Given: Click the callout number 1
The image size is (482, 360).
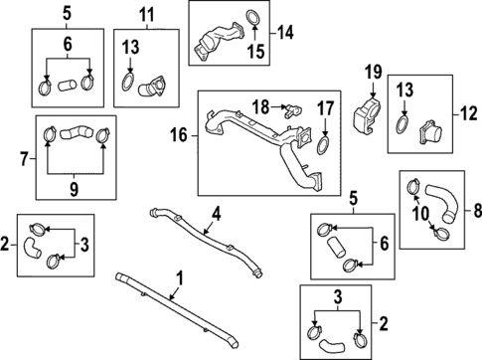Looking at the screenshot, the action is pos(179,278).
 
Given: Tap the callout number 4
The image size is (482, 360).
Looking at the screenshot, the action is pos(217,214).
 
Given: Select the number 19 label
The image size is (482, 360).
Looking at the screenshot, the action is pos(374,72).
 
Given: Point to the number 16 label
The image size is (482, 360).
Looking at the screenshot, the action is pos(179,135).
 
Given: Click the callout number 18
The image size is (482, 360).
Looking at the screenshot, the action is pos(260,107).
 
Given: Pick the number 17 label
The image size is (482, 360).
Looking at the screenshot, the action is pos(325,109).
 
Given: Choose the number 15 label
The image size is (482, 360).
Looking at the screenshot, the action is pos(256,52).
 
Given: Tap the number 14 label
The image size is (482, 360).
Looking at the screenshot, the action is pos(285,33).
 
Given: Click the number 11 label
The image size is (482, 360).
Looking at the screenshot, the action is pos(147,15).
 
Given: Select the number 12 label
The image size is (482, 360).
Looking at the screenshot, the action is pos(469,113).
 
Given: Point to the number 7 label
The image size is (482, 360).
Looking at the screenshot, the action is pos(24,159).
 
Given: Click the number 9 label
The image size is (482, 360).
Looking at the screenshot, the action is pos(74,189).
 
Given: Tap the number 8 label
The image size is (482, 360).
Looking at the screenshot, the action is pos(477,210).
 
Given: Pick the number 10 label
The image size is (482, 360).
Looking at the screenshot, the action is pos(420,214).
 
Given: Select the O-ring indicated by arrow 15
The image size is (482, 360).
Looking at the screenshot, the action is pos(253,18).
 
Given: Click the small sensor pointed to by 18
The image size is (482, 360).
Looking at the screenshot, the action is pos(292,110).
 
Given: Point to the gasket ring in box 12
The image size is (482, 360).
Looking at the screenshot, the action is pos(402,124).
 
